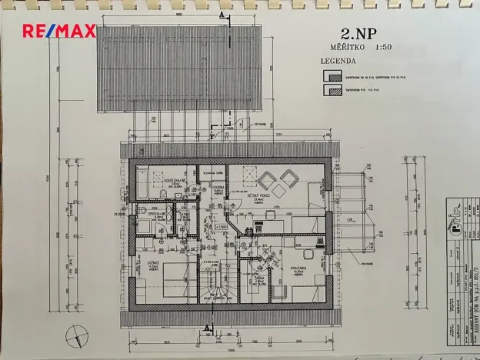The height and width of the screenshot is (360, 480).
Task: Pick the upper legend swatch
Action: pos(332,75)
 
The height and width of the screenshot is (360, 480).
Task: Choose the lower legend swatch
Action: pos(332,90)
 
